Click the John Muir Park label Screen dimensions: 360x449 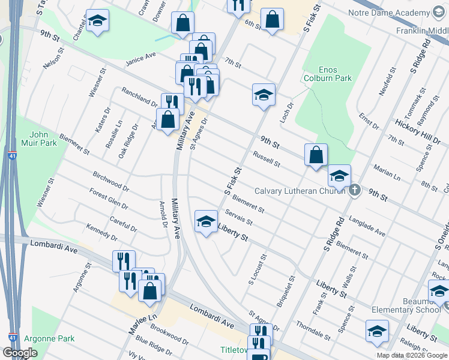pos(43,139)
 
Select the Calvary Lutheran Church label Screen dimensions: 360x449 pos(300,191)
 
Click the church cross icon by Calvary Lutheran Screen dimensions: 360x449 pos(355,191)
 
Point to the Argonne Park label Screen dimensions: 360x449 pos(50,338)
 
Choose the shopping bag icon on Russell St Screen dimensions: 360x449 pos(316,155)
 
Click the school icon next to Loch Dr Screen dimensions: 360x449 pos(264,94)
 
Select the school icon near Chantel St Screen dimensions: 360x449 pos(97,21)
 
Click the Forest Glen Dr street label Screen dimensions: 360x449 pos(109,199)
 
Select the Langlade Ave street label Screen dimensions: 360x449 pos(367,226)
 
